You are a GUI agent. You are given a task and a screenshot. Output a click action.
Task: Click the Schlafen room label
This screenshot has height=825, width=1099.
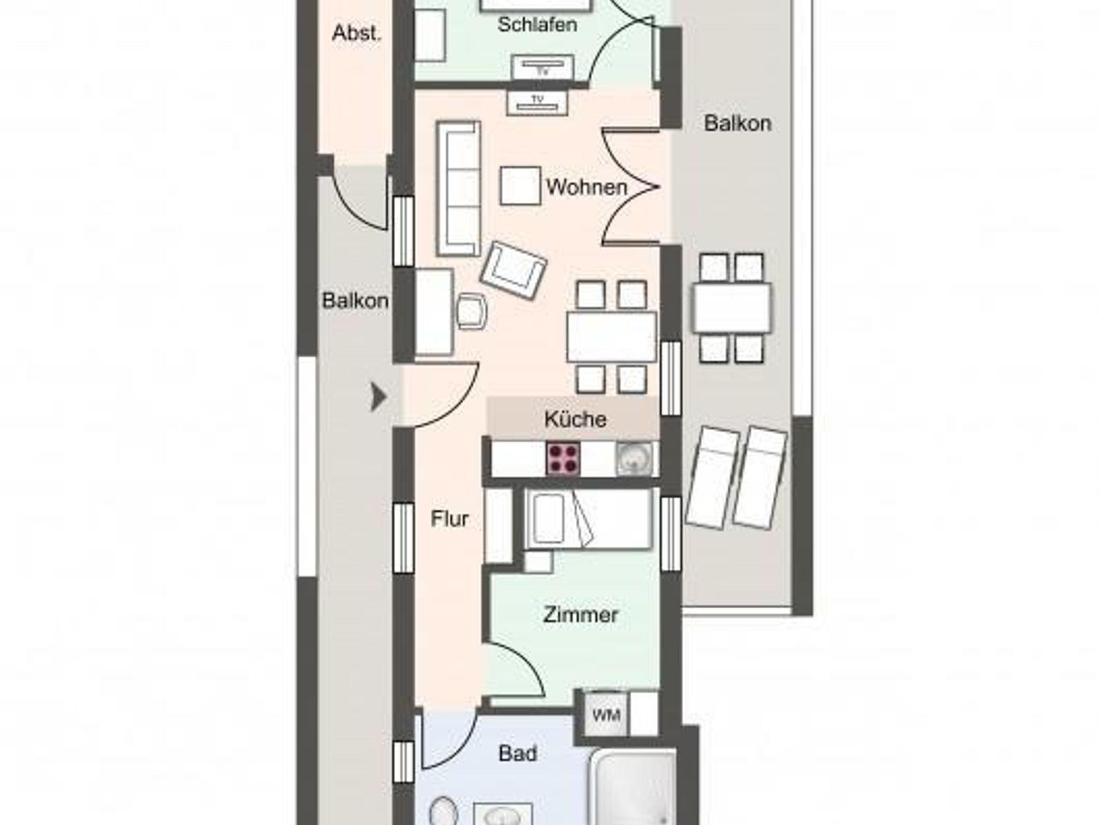tap(537, 25)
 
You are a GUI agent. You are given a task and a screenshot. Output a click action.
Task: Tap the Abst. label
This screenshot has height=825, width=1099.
tap(357, 33)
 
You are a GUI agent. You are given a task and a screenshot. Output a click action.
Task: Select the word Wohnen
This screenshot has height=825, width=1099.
tap(587, 187)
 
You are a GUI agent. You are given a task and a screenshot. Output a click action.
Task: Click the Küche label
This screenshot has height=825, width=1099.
tap(575, 419)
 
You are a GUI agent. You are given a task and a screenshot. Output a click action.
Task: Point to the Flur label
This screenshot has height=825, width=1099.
tap(450, 519)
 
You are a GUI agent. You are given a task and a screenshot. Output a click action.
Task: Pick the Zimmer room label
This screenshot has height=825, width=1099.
tap(581, 615)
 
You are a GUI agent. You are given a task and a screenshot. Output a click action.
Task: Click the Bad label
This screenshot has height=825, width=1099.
tap(518, 754)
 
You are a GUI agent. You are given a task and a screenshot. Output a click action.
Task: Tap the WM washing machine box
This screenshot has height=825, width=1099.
tap(606, 714)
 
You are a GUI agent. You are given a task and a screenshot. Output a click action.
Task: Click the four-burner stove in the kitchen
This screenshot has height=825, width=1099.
tap(563, 458)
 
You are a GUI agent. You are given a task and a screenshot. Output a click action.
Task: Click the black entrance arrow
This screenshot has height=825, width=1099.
tap(379, 397)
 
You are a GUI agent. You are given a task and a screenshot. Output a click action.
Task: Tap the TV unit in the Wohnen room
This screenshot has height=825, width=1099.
tap(537, 102)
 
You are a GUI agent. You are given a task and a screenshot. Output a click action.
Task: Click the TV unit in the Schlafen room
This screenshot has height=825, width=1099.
tap(542, 68)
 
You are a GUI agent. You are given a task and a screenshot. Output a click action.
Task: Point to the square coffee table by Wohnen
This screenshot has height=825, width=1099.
tap(520, 186)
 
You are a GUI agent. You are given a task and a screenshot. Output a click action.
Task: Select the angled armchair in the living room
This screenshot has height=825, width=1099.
tap(514, 271)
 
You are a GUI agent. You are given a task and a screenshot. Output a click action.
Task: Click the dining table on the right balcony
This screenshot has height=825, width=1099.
tap(732, 308)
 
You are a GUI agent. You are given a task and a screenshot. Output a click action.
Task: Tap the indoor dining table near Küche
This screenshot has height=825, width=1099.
tap(612, 337)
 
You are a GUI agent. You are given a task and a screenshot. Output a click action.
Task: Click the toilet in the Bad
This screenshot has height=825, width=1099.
tap(443, 811)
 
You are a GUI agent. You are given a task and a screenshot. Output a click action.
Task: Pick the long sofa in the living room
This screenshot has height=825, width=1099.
tap(458, 188)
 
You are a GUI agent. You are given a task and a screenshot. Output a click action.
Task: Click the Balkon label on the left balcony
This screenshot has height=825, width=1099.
tap(355, 301)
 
